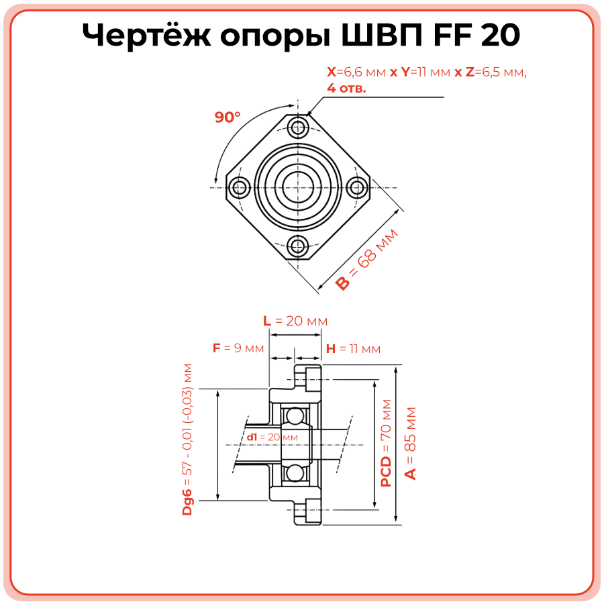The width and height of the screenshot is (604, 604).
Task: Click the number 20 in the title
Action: coord(500,36)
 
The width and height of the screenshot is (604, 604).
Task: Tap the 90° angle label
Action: coord(228,117)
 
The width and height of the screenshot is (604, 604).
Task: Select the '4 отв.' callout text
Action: coord(346,88)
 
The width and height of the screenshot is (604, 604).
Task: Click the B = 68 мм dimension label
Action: coord(366,260)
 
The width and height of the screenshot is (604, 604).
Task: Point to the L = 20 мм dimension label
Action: coord(295,321)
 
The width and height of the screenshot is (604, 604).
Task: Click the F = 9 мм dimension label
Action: coord(238,348)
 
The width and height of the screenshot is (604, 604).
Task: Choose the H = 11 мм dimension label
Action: coord(353,349)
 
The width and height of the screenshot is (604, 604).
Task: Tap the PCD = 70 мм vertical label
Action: coord(386,443)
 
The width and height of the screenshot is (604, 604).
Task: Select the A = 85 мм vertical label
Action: coord(411,443)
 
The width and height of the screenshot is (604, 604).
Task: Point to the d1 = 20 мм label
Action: coord(272,437)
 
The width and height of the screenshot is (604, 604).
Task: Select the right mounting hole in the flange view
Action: coord(357,187)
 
